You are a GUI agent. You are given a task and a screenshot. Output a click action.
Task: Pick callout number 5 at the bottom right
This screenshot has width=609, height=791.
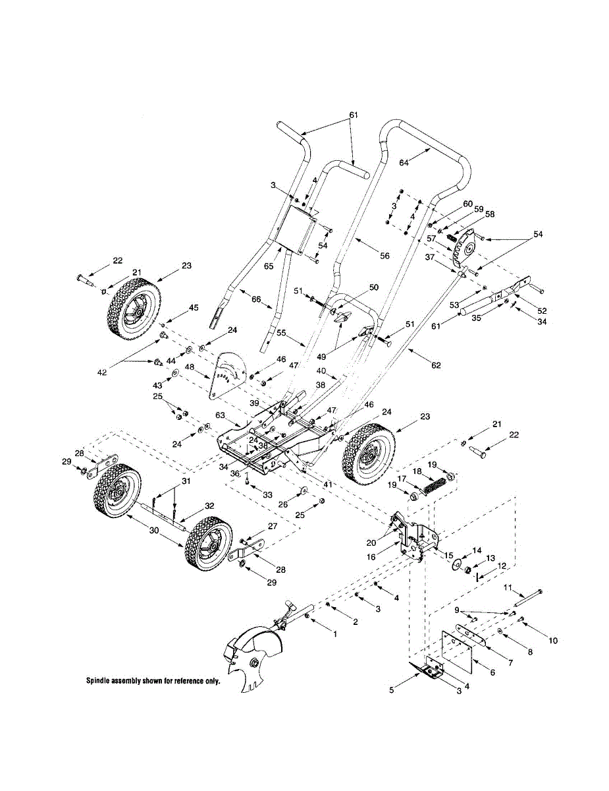point(392,690)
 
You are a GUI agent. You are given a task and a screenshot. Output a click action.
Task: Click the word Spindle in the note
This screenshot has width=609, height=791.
point(101,681)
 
